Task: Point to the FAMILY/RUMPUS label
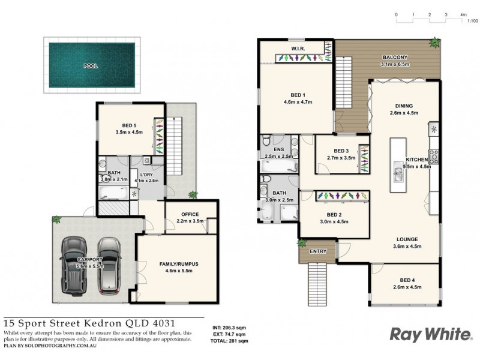[x=179, y=263]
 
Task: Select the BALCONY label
[x=395, y=58]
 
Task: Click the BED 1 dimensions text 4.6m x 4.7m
[x=298, y=101]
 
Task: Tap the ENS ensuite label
[x=278, y=151]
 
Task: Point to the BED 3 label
[x=341, y=151]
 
